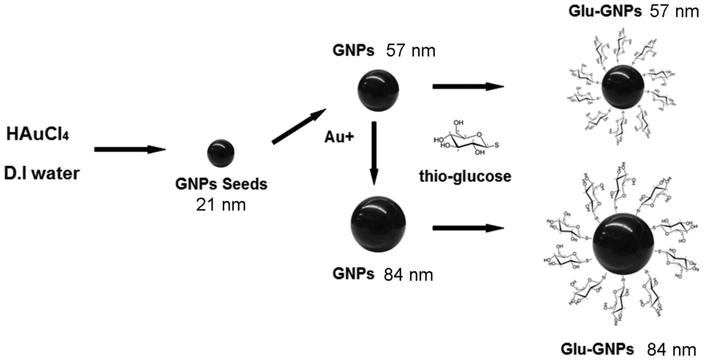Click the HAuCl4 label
click(37, 134)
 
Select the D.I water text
click(42, 173)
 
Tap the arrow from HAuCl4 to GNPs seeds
click(130, 150)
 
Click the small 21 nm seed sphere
click(221, 153)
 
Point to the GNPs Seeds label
click(221, 184)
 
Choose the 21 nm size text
click(221, 205)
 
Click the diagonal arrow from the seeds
click(299, 126)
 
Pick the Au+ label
click(339, 137)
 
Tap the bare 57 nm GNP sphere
click(378, 90)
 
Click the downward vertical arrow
click(374, 153)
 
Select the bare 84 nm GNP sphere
click(378, 224)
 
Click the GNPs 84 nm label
click(383, 275)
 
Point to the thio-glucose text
click(465, 176)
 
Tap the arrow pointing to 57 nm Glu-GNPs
click(468, 86)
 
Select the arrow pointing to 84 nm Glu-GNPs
click(468, 228)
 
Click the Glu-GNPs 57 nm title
click(633, 12)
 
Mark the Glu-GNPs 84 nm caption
click(628, 350)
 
